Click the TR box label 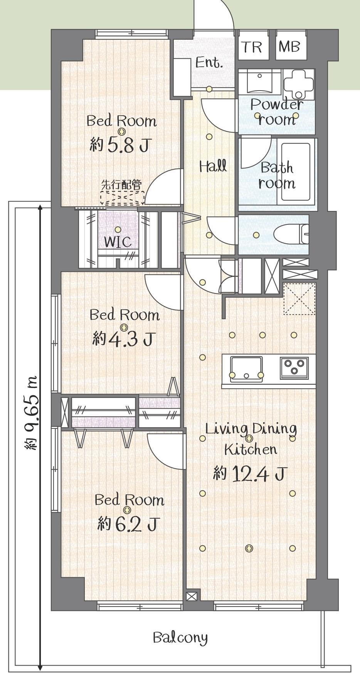[252, 47]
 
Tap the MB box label [289, 47]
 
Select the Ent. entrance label [209, 62]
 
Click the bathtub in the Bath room [296, 172]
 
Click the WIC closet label [118, 242]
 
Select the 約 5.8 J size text [119, 145]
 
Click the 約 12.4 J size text [250, 473]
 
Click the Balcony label [180, 637]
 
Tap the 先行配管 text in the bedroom [121, 185]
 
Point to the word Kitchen [251, 449]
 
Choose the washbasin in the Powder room [260, 81]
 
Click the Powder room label [277, 112]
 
